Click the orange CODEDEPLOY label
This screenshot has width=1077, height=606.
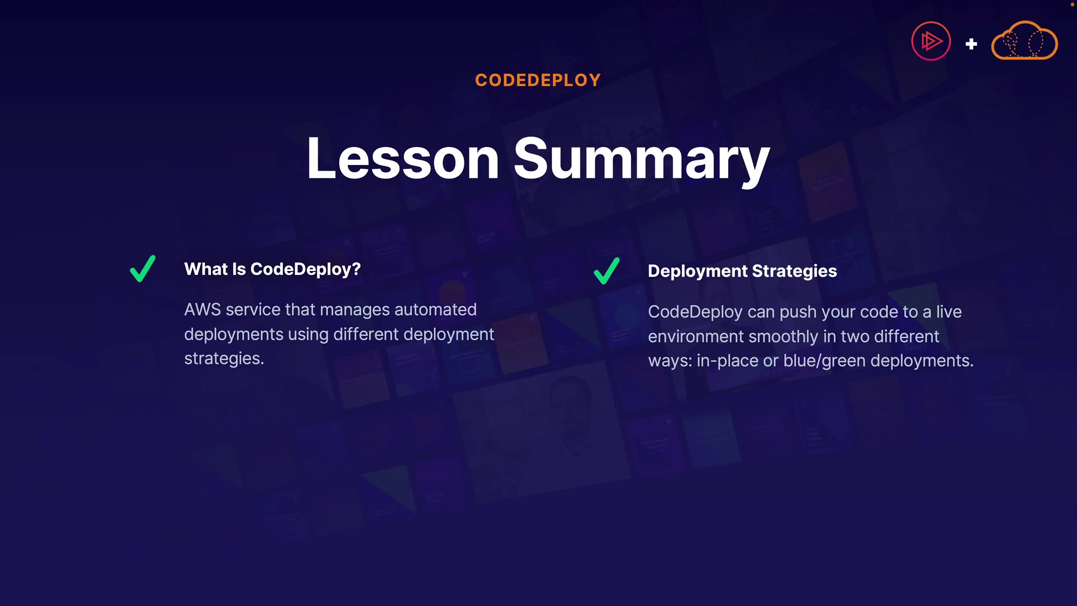tap(538, 80)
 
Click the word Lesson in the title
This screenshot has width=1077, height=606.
tap(403, 159)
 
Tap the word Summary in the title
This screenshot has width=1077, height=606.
tap(642, 161)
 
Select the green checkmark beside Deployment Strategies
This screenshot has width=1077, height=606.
tap(606, 270)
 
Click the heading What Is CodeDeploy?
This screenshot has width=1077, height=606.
tap(273, 269)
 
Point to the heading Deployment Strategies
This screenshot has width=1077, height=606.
tap(742, 272)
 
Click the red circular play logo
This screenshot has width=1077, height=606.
tap(931, 41)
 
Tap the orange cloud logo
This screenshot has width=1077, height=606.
tap(1024, 40)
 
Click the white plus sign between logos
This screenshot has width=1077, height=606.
tap(972, 44)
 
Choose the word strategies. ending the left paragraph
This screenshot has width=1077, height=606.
tap(224, 359)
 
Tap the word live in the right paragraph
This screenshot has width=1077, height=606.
tap(949, 312)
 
